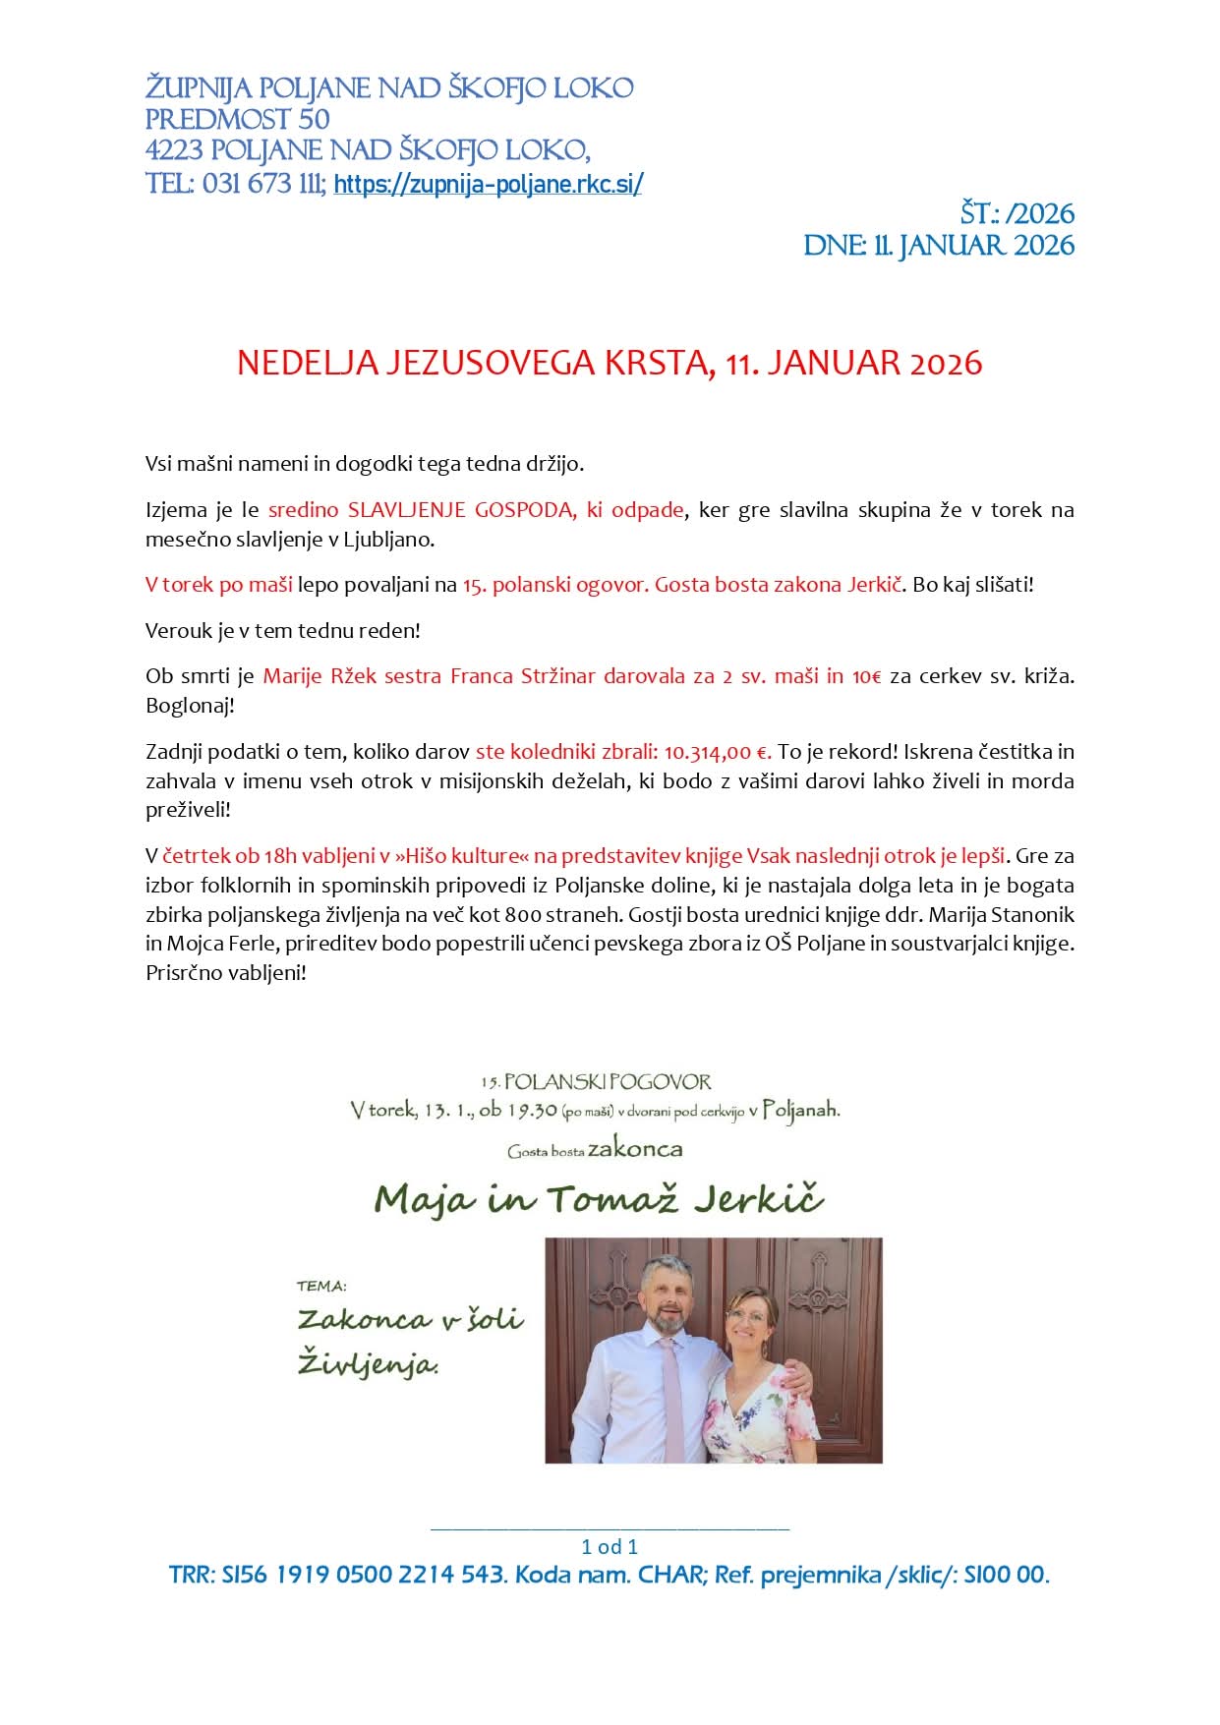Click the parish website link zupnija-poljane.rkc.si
488,184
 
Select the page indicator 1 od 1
610,1546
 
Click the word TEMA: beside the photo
321,1286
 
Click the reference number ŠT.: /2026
1017,214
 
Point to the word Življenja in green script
368,1365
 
